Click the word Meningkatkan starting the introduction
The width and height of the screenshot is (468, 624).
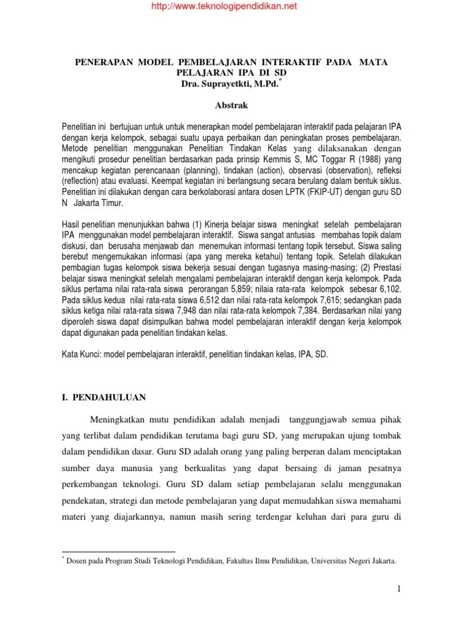pyautogui.click(x=121, y=420)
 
